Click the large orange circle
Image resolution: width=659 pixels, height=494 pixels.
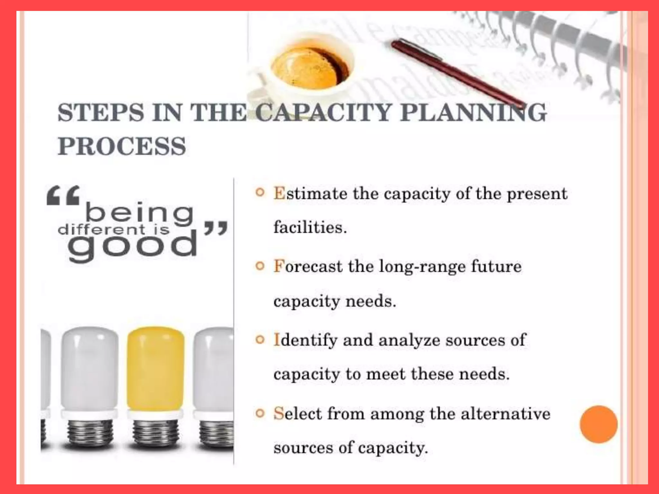(599, 424)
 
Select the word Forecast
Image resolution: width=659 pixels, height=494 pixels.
(308, 267)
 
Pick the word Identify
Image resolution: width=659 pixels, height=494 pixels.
(305, 340)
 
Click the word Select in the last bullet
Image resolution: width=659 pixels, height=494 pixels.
(298, 414)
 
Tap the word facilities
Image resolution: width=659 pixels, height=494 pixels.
(310, 228)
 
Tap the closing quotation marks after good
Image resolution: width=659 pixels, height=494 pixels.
(216, 228)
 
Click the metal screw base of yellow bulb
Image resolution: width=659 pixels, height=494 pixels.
(156, 434)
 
